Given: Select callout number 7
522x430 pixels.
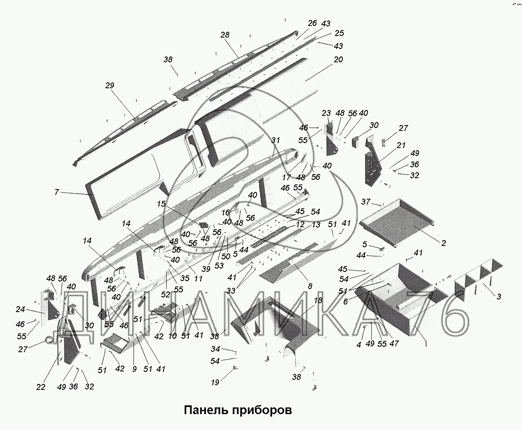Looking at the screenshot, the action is click(x=57, y=192).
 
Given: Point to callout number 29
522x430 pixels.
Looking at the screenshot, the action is click(x=110, y=85).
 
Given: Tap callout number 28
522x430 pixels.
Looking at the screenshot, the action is click(x=225, y=35).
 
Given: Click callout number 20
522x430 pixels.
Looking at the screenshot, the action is click(x=338, y=59).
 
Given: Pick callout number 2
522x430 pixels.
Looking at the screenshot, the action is click(x=443, y=243).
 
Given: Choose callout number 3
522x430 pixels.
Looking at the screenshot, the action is click(x=499, y=297).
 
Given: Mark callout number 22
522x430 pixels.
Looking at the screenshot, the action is click(x=41, y=387).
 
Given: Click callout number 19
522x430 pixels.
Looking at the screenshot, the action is click(x=215, y=382).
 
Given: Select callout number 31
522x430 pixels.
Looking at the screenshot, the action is click(x=275, y=140).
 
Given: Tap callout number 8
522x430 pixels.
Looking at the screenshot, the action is click(x=310, y=286).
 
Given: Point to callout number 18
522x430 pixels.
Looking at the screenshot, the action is click(x=318, y=300).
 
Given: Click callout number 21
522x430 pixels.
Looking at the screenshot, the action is click(x=401, y=145).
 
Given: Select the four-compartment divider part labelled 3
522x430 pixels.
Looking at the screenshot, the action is click(x=478, y=280).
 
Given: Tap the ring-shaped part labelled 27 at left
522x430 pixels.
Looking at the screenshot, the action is click(x=49, y=339).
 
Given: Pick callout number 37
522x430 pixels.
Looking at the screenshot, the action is click(x=365, y=201).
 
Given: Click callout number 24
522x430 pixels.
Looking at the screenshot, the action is click(x=20, y=309).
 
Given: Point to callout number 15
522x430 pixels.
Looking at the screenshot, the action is click(x=161, y=204).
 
